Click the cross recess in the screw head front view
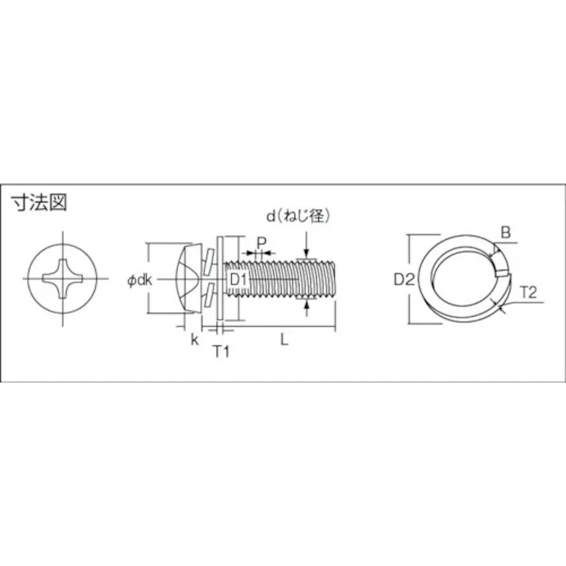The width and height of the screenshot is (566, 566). (63, 279)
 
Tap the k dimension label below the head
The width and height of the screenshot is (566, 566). (194, 340)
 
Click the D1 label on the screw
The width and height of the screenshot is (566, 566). (239, 279)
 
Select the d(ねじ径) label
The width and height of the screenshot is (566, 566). (297, 216)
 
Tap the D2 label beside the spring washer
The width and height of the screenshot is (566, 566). (404, 279)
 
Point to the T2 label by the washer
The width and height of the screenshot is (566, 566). (529, 292)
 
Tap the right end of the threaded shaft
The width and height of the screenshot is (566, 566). (336, 279)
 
